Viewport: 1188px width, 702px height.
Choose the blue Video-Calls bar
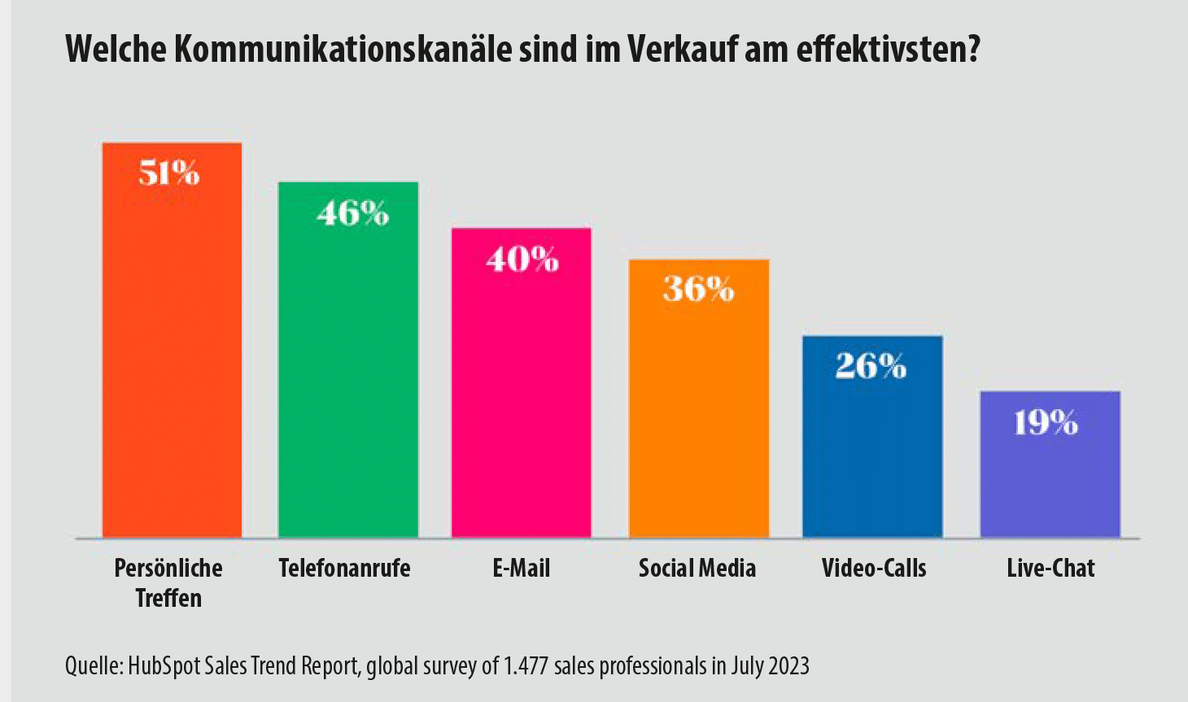872,447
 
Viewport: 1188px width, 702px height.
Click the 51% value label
169,173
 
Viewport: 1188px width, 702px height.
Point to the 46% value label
353,213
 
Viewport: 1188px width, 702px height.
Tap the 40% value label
522,259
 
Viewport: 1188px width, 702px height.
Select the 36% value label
699,289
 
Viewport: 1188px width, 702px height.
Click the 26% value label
871,366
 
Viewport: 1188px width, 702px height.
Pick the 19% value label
1046,422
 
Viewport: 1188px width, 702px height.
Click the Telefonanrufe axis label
344,568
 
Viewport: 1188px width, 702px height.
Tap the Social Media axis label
697,568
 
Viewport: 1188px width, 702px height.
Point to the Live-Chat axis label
1050,568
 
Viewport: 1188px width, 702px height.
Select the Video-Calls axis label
874,568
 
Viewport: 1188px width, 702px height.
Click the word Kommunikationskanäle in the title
343,50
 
